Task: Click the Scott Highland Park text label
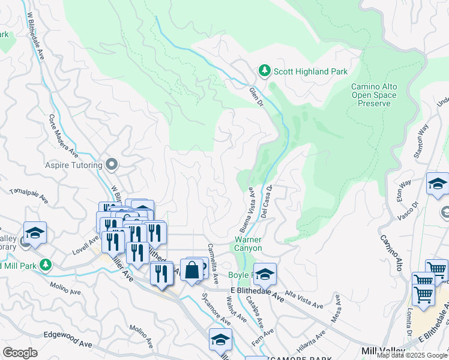tap(310, 71)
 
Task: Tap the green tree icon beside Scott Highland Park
tap(264, 71)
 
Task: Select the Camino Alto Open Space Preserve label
tap(373, 95)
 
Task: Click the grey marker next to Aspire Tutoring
tap(111, 164)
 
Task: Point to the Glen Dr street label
tap(257, 97)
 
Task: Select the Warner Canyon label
tap(247, 243)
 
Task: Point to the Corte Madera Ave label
tap(60, 135)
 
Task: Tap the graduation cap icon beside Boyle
tap(265, 274)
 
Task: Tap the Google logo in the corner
tap(20, 353)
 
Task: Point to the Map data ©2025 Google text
tap(412, 355)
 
